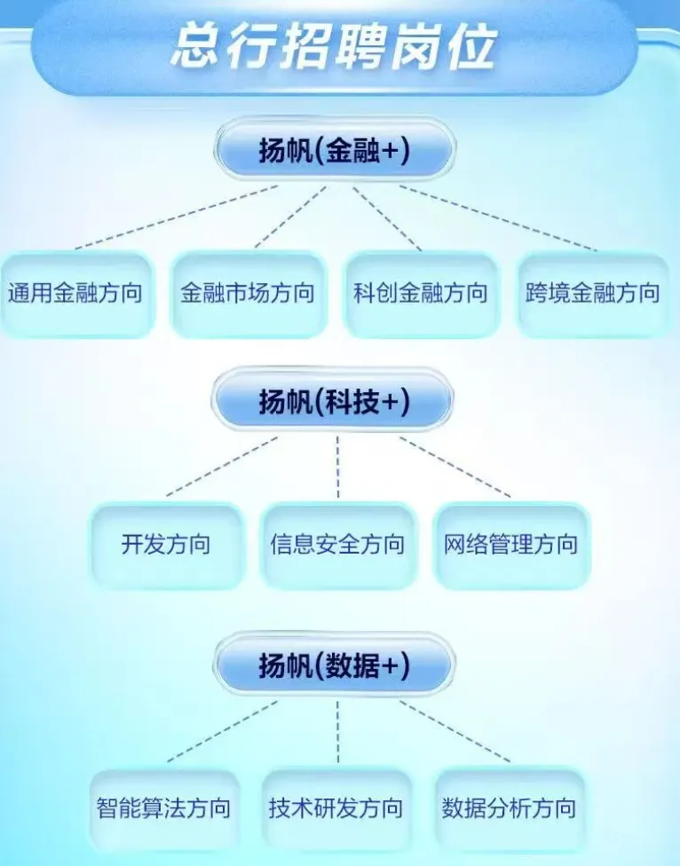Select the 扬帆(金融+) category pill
(334, 151)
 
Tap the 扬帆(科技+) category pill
(334, 402)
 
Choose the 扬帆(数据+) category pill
(334, 666)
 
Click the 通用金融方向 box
(75, 294)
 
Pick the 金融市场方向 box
(248, 294)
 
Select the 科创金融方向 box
(421, 294)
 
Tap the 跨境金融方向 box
(593, 294)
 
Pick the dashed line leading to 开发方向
(222, 466)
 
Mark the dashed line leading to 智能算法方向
(222, 731)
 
